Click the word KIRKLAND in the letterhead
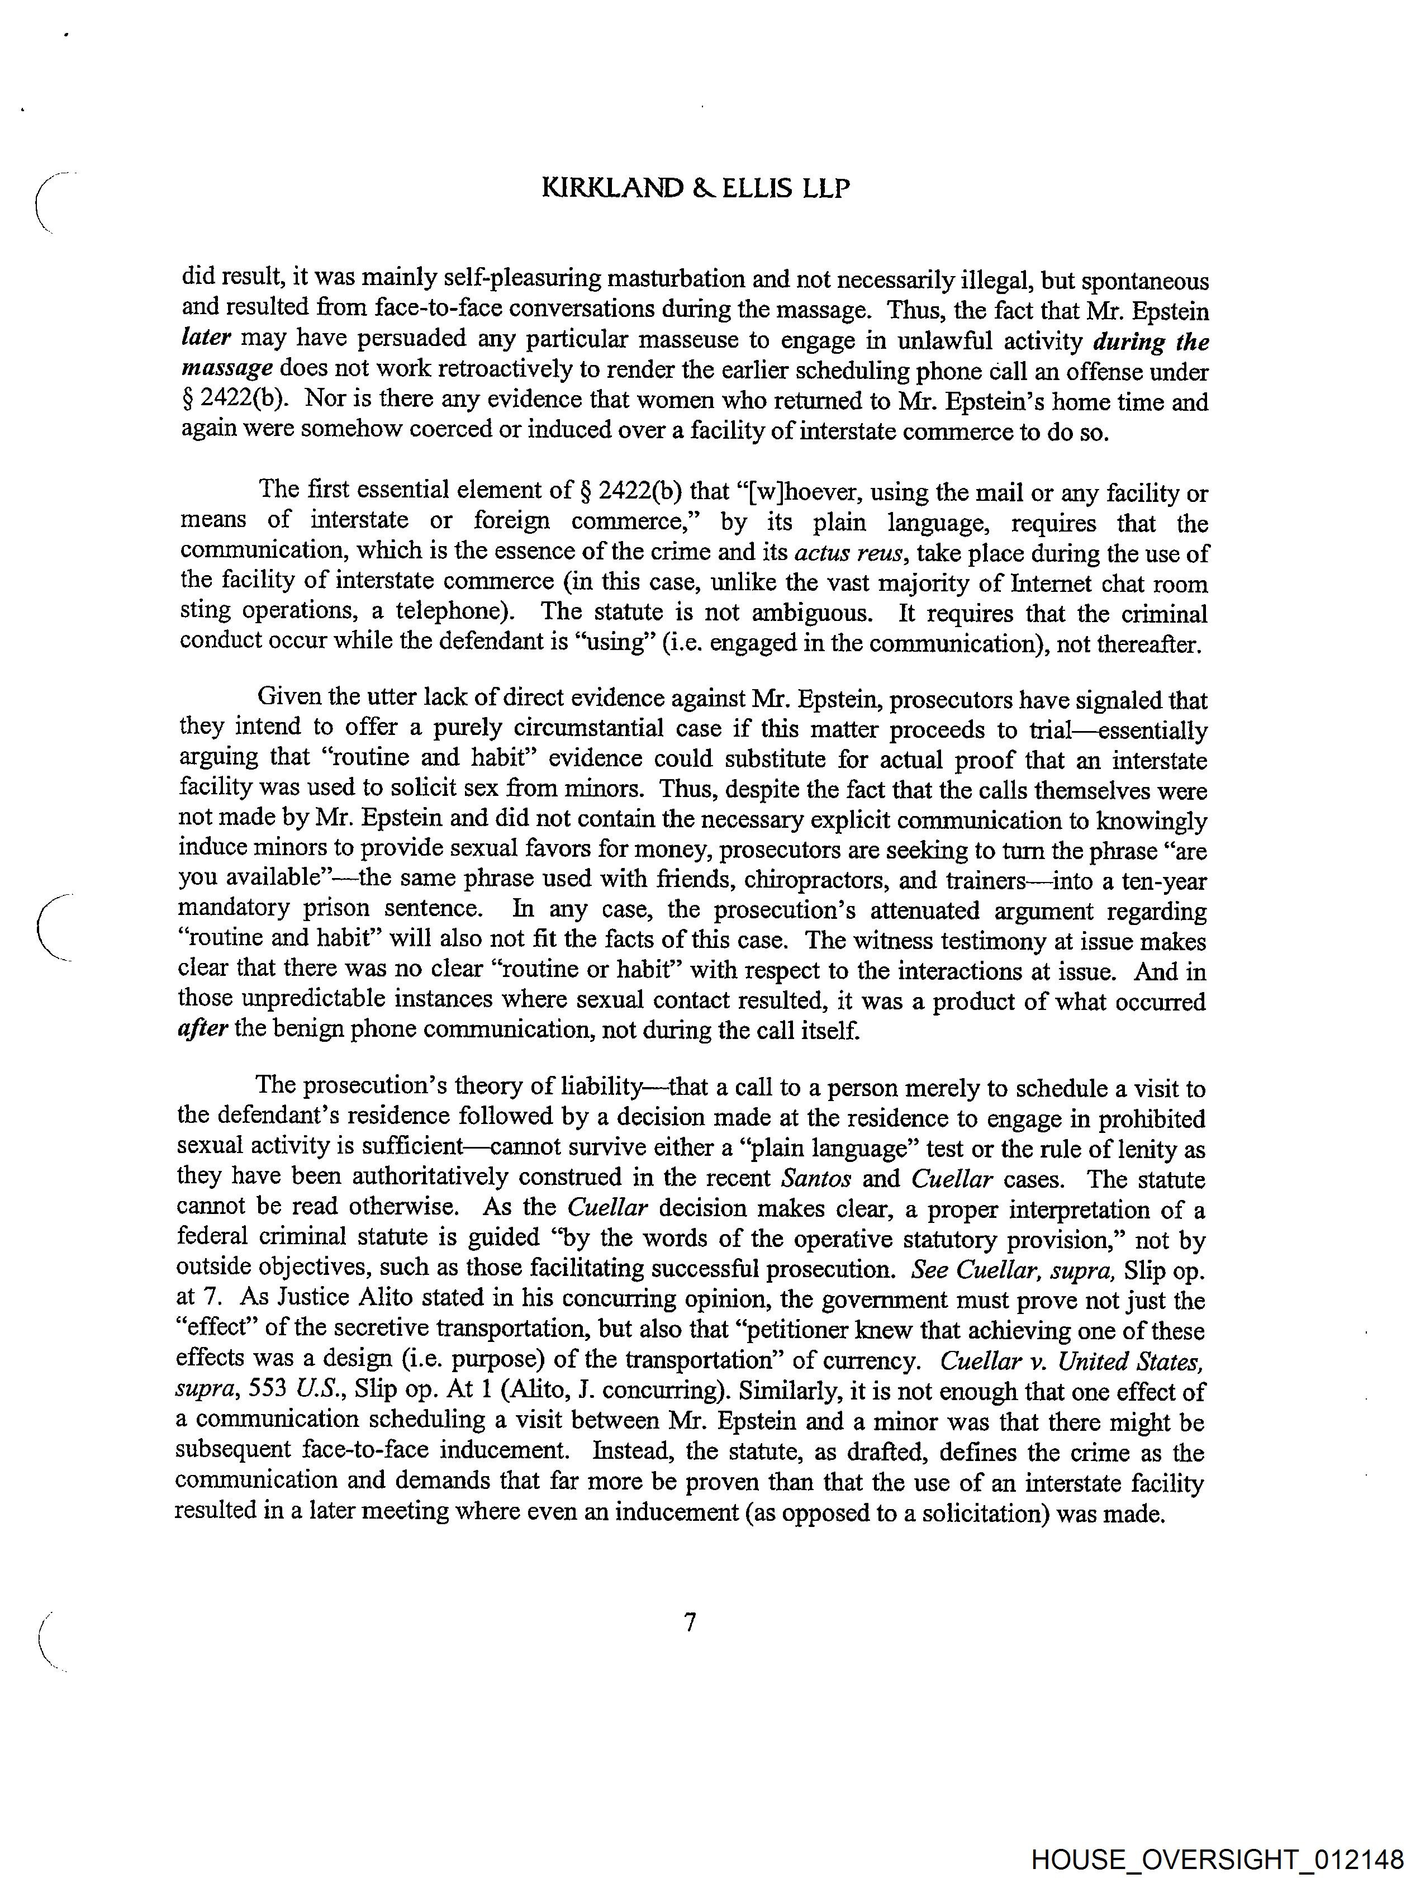tap(612, 187)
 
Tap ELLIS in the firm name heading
tap(758, 187)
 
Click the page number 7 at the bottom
tap(690, 1623)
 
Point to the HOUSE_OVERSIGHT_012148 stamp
tap(1217, 1859)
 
